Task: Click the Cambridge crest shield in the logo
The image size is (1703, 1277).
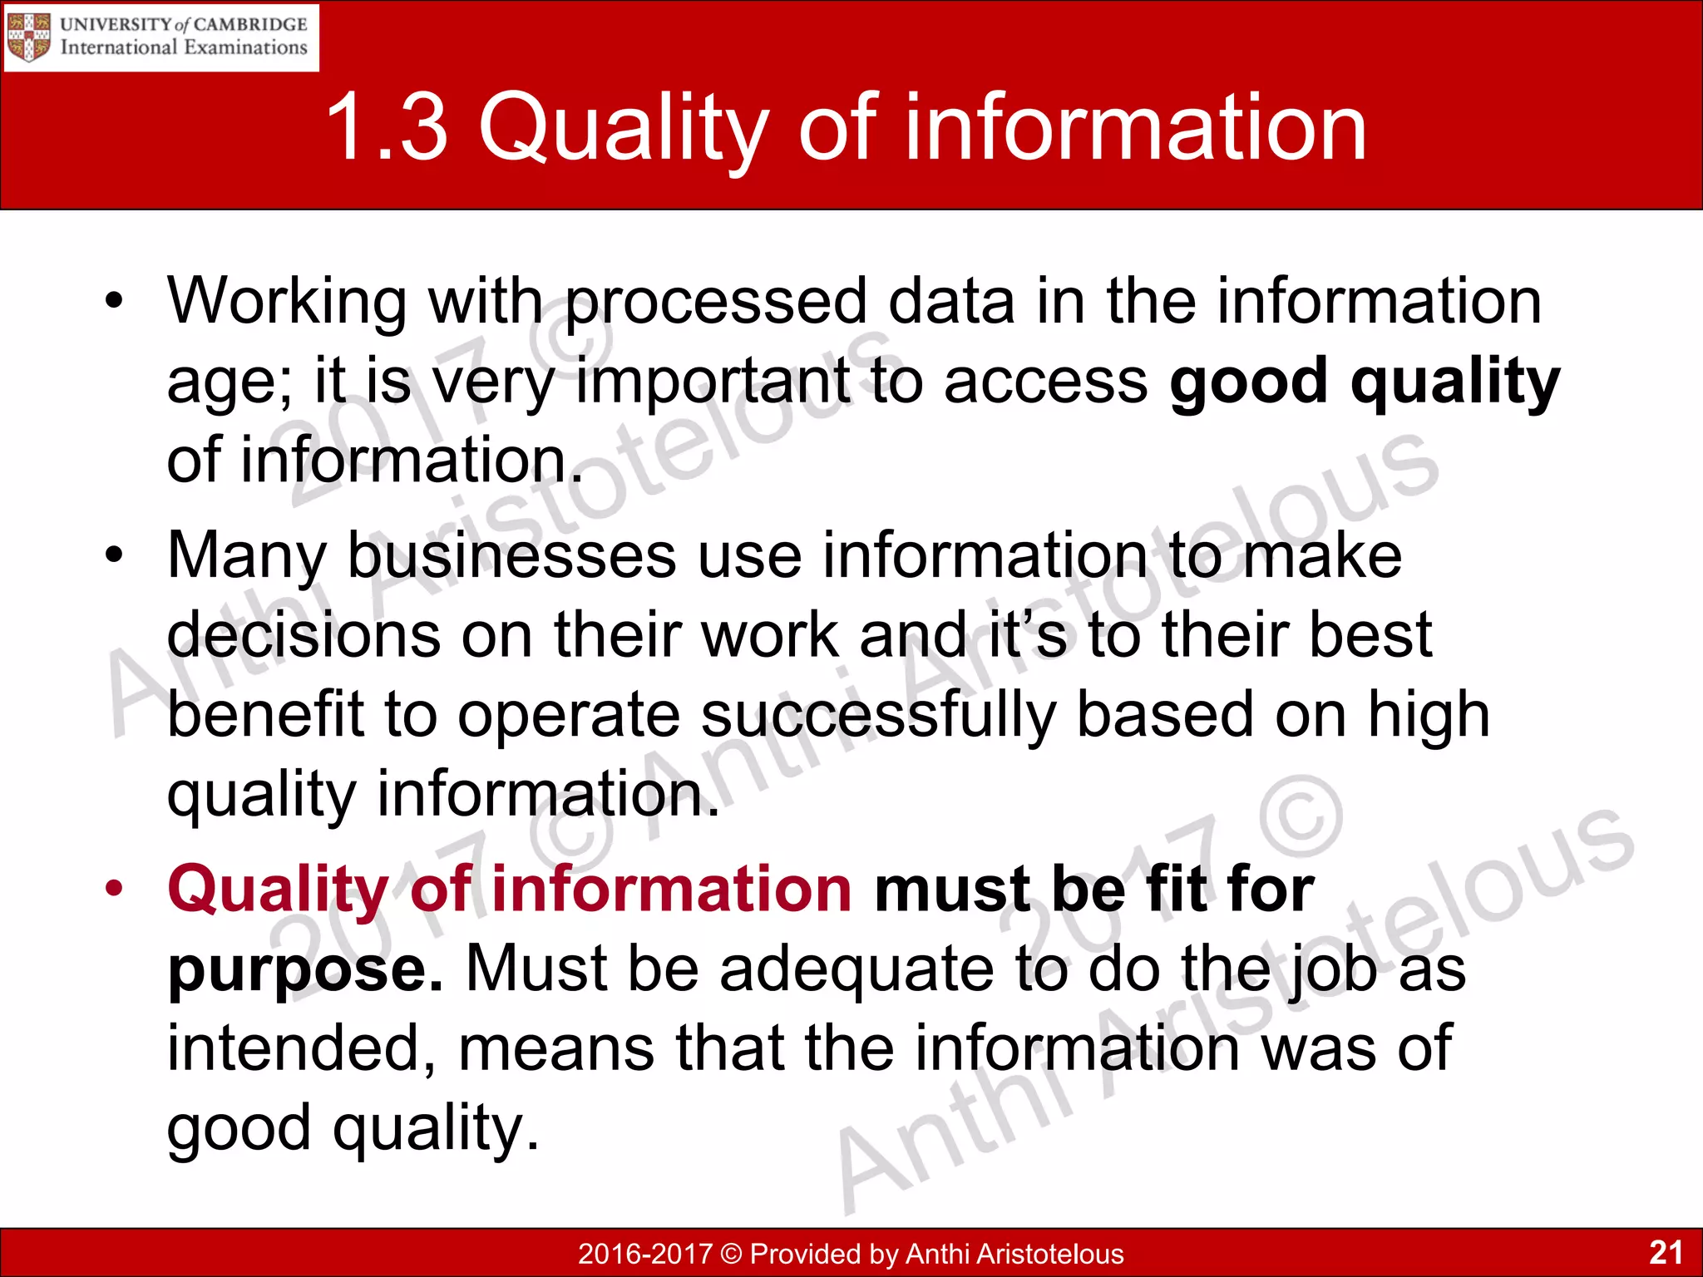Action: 29,37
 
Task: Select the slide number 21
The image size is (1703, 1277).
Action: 1666,1252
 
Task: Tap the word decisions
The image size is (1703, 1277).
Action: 303,635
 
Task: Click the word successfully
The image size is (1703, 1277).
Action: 878,716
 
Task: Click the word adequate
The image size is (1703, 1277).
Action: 856,969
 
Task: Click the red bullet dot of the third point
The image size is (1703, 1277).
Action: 114,887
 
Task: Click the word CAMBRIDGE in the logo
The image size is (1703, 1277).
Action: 250,24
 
